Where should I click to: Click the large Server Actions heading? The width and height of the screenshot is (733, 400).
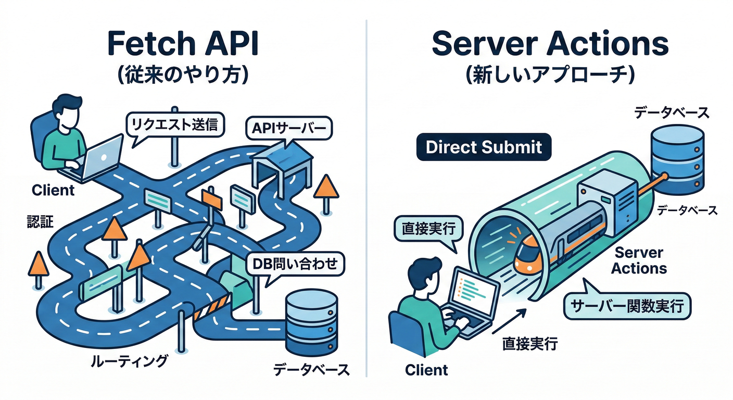pos(550,44)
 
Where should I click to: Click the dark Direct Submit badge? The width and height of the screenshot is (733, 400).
pos(484,147)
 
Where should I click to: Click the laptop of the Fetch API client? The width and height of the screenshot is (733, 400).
pos(99,156)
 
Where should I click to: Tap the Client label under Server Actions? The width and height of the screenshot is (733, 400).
pos(426,370)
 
